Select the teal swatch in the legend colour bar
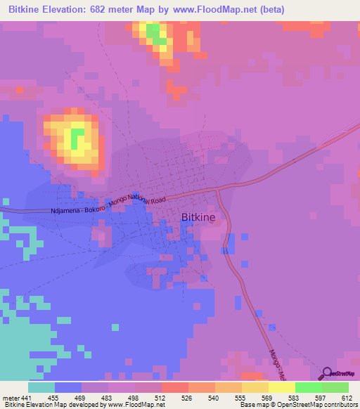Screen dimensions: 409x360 point(41,387)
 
